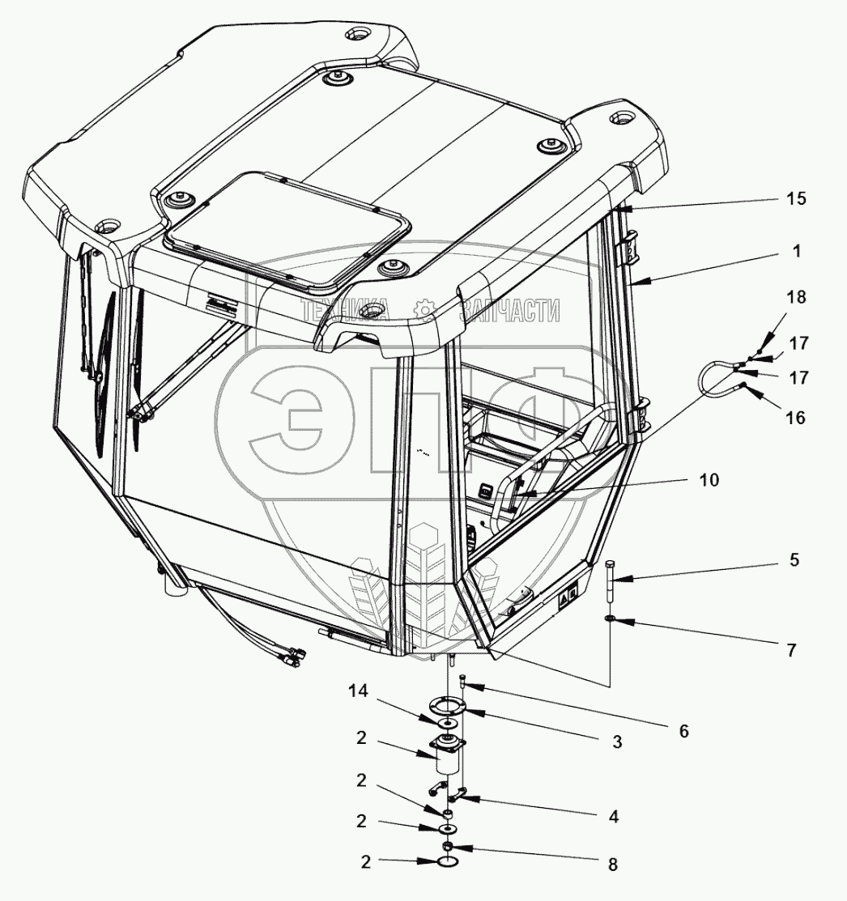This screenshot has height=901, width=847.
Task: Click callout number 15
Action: tap(796, 199)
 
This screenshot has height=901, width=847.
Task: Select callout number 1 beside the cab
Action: tap(797, 251)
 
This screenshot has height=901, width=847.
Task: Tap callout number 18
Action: tap(796, 297)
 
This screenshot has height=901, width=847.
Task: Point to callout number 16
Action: tap(795, 418)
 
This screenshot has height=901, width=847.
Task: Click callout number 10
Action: tap(709, 479)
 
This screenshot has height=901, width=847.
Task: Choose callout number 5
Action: tap(794, 559)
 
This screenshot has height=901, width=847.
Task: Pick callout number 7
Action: tap(791, 650)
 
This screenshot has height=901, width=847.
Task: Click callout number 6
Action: tap(683, 731)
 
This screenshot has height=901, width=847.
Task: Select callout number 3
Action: tap(616, 742)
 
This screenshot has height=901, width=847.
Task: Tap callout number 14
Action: tap(359, 691)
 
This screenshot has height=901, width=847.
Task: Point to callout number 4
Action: tap(614, 817)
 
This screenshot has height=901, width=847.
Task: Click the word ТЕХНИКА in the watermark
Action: tap(345, 311)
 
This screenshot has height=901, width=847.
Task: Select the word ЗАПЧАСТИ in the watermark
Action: tap(509, 311)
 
